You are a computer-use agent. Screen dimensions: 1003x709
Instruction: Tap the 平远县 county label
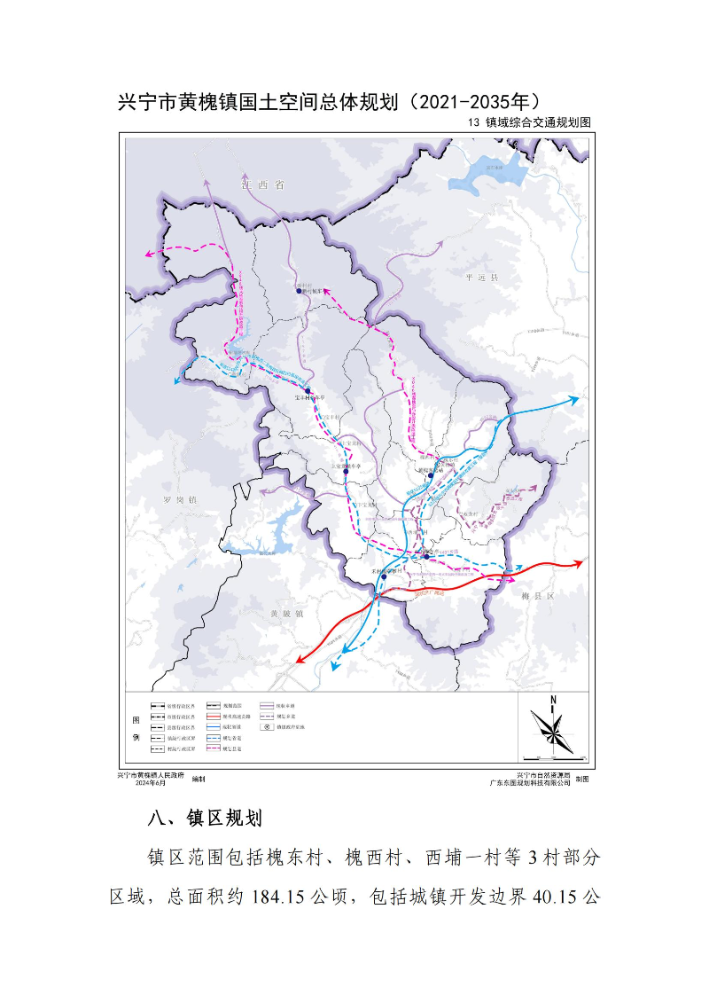coord(482,278)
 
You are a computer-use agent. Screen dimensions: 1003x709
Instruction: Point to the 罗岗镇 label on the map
coord(180,500)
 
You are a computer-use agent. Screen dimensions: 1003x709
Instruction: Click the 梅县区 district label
coord(537,597)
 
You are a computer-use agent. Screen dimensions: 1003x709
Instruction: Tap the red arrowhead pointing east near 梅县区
coord(579,562)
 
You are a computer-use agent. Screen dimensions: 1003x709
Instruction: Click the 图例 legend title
coord(136,726)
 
